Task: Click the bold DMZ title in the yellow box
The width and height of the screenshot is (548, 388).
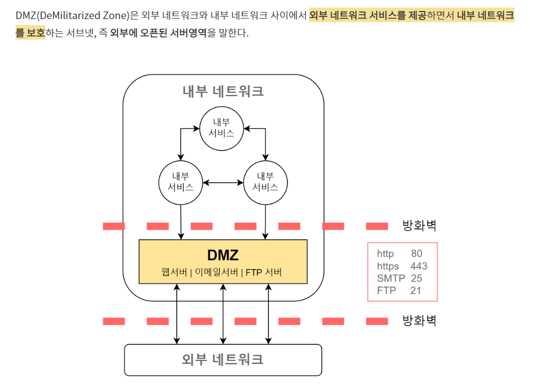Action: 223,255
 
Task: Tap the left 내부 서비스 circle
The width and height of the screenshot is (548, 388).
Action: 181,182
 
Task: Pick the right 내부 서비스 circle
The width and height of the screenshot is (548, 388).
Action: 265,182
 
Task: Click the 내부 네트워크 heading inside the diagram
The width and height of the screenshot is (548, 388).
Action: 223,91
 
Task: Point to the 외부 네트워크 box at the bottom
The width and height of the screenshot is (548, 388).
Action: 223,359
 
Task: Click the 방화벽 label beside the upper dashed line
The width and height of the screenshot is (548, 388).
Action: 419,226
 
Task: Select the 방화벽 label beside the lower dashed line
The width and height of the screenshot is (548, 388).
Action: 419,321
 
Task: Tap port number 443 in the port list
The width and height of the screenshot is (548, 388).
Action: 419,266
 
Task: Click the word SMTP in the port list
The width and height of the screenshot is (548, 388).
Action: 391,278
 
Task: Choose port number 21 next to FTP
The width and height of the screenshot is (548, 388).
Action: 416,290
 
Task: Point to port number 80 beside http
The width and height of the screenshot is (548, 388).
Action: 417,254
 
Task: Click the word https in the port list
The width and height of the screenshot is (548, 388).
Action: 388,266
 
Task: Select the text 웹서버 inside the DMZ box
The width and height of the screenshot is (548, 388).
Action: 174,273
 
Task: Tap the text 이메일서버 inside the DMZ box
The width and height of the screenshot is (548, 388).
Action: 216,273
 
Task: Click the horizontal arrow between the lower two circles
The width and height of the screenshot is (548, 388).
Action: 223,183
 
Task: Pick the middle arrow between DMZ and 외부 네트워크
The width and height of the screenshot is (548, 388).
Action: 223,314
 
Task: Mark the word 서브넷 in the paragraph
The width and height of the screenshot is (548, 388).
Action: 79,34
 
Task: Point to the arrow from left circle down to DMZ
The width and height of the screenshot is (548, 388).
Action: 181,221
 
